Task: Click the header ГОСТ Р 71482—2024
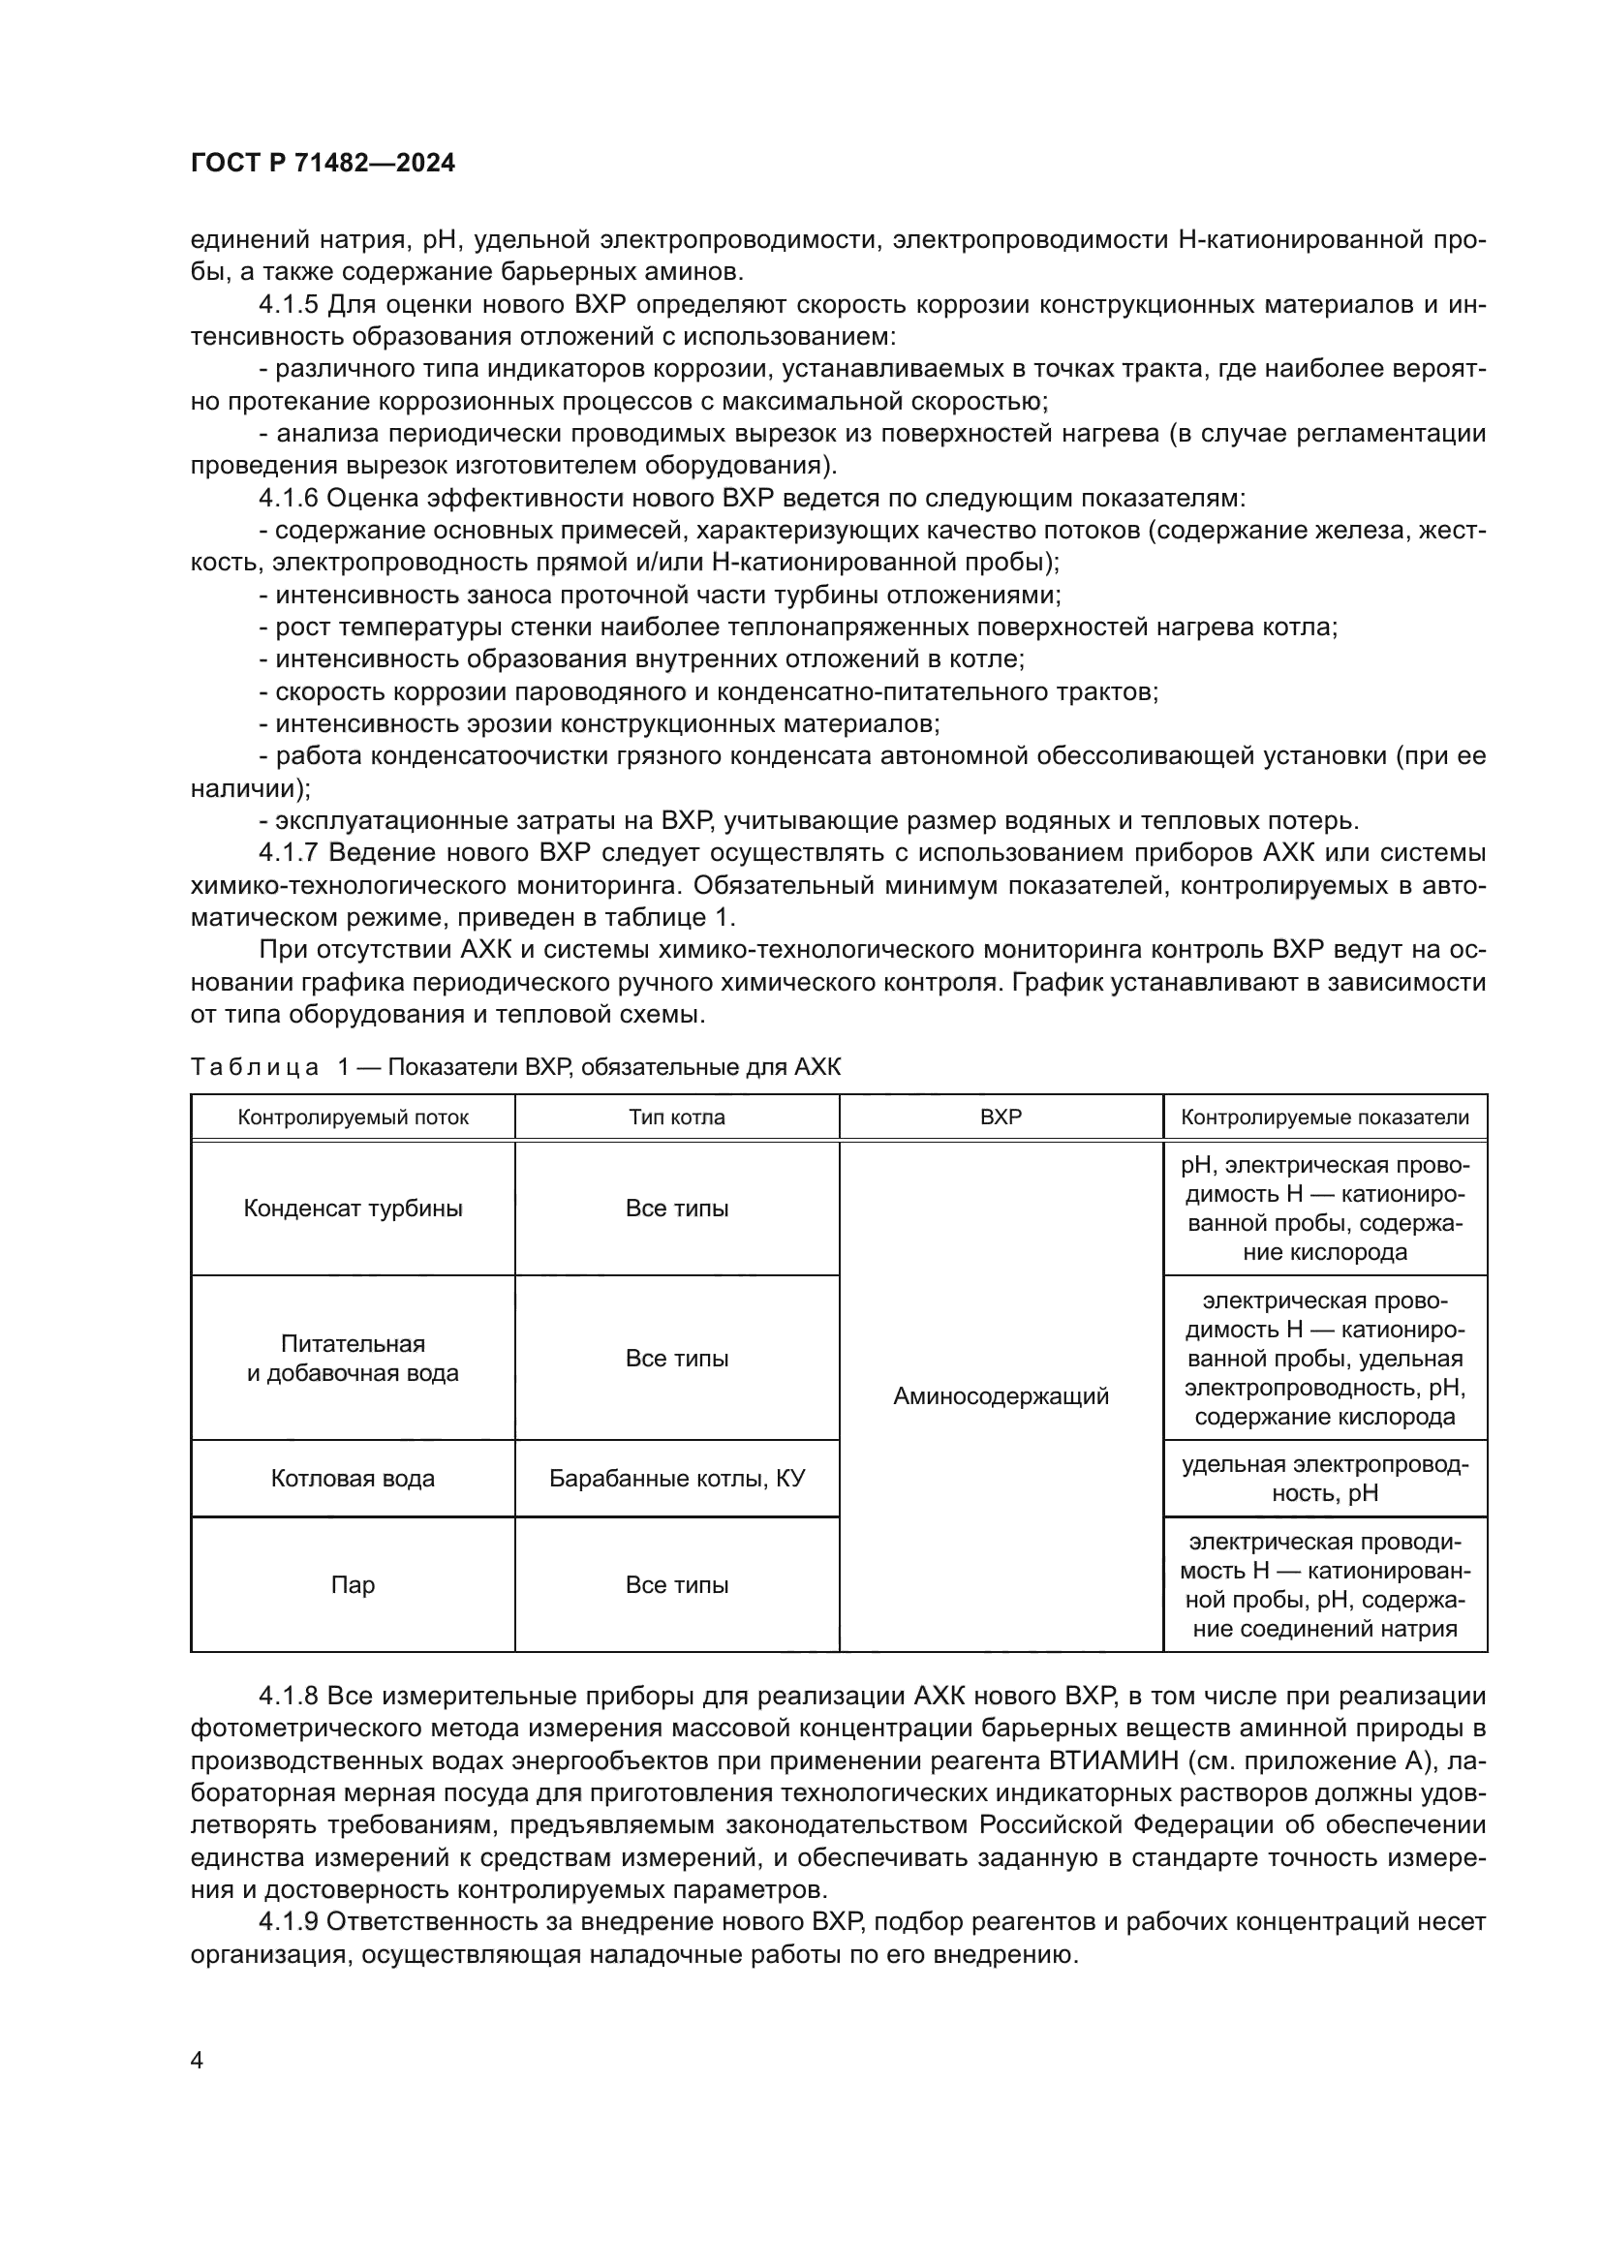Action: coord(323,164)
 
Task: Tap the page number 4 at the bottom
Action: coord(197,2060)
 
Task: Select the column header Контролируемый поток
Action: coord(353,1117)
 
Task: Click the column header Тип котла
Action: coord(677,1117)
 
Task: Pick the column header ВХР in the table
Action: coord(1001,1117)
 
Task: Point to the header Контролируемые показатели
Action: coord(1325,1117)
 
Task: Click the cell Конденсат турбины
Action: coord(353,1209)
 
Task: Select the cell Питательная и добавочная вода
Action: coord(353,1359)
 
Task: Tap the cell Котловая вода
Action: coord(353,1478)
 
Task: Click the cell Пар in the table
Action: coord(353,1584)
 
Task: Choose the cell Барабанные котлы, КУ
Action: coord(677,1478)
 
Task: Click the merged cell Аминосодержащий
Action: coord(1001,1396)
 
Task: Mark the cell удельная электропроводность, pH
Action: coord(1325,1478)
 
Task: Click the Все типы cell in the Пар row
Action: coord(677,1584)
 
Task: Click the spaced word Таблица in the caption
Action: coord(255,1066)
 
